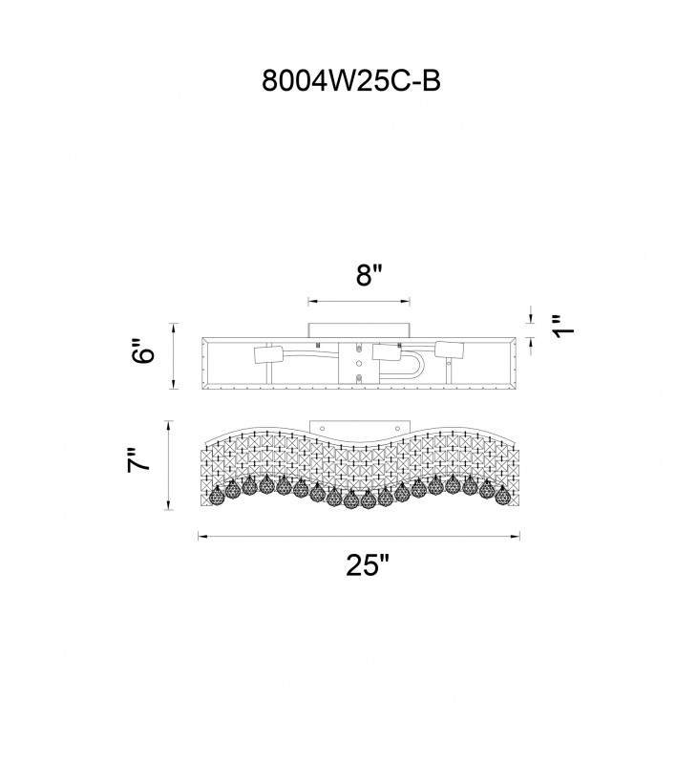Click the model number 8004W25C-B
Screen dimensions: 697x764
(351, 80)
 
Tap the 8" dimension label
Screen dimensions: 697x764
(370, 276)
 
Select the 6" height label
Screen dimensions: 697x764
(144, 350)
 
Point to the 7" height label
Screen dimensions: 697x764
(139, 458)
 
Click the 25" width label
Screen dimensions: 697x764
(369, 565)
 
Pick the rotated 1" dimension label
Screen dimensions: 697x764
(564, 326)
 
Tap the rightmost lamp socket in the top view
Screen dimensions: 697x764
(449, 350)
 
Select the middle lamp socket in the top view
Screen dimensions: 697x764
(387, 352)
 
